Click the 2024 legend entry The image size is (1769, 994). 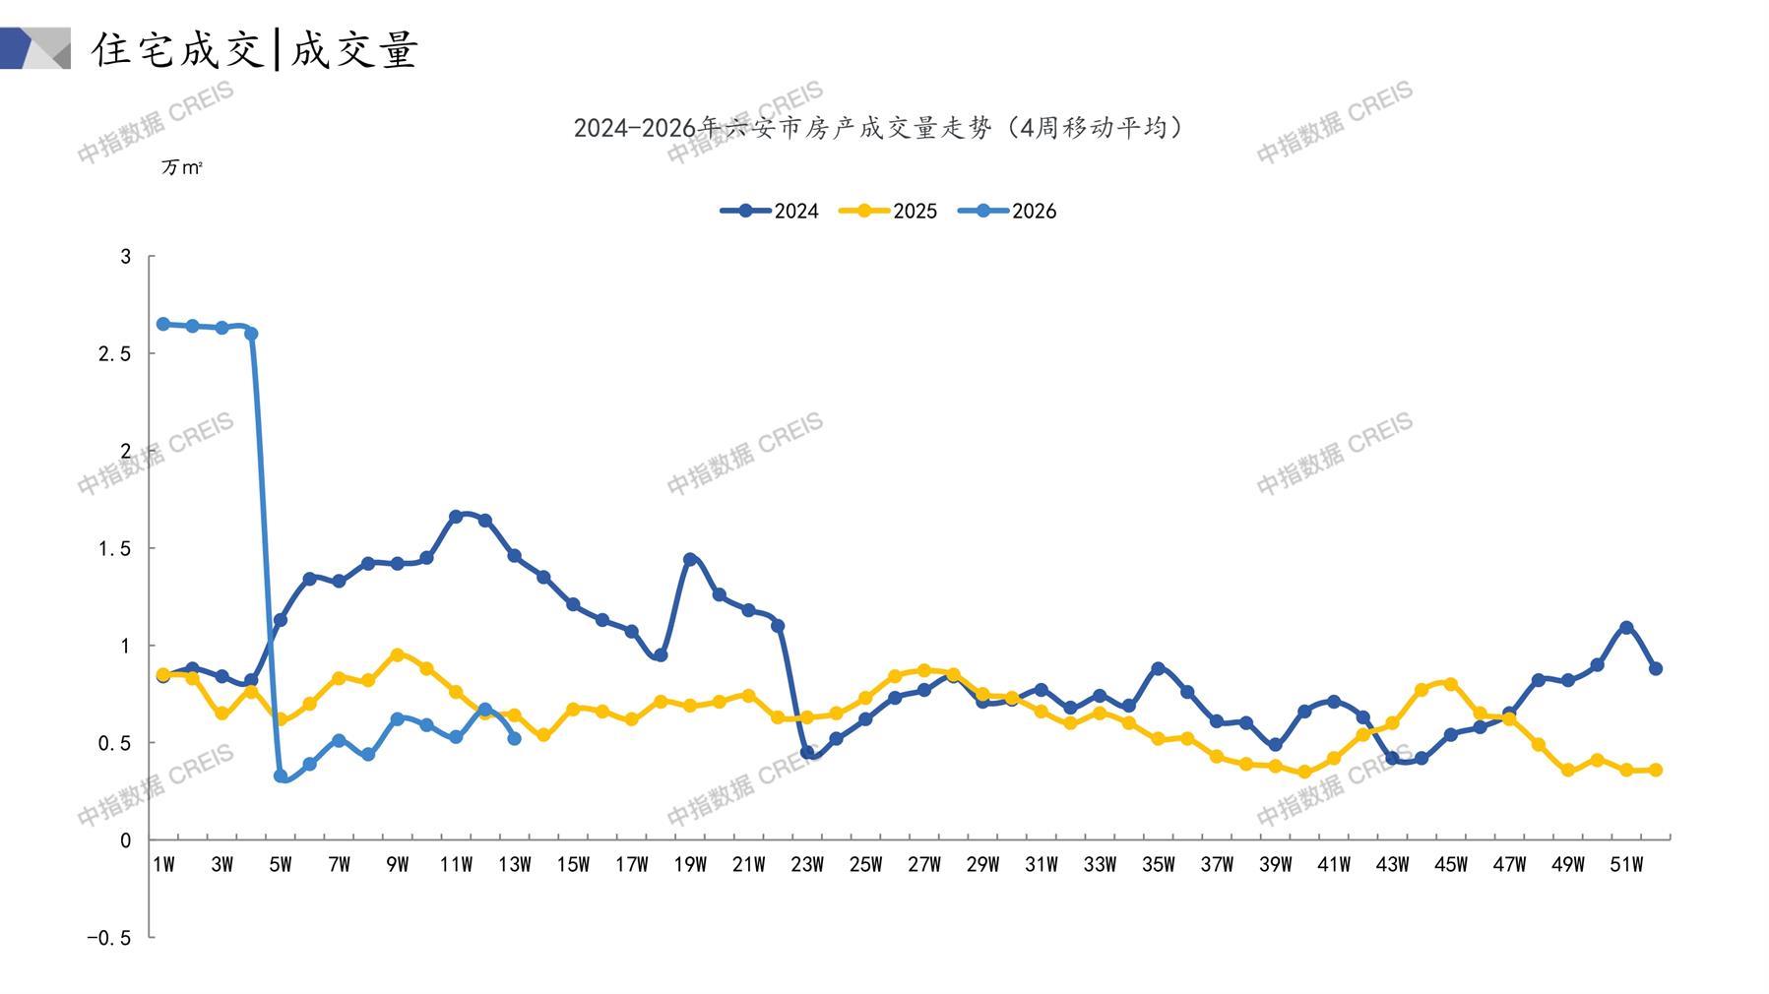(770, 211)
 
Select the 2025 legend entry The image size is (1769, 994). (888, 211)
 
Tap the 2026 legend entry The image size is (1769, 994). (1007, 211)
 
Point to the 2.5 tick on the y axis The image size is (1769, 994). (114, 353)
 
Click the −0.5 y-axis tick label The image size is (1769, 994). (108, 938)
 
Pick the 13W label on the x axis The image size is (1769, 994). (515, 865)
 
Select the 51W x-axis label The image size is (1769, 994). (1626, 865)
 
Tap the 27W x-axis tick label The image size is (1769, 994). (924, 865)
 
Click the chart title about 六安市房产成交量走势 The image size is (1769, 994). (879, 128)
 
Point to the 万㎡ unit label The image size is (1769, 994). (182, 168)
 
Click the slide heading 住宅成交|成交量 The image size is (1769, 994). (256, 49)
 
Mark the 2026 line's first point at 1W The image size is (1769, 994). (163, 324)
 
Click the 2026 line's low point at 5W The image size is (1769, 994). (281, 777)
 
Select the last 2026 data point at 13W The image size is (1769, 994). (514, 738)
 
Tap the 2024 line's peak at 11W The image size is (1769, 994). (456, 516)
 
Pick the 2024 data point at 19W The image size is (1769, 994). (690, 559)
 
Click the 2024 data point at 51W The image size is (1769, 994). (1626, 627)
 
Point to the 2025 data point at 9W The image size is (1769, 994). (398, 654)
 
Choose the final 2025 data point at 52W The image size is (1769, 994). (1656, 770)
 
